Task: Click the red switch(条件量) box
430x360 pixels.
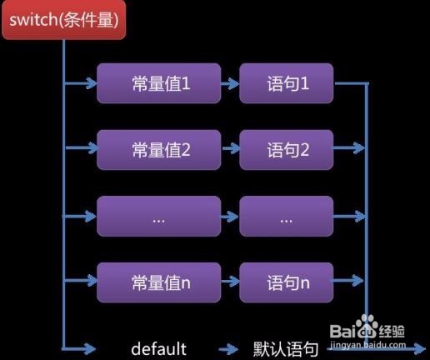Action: [64, 19]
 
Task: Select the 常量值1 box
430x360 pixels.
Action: [159, 83]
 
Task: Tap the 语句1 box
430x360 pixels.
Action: [287, 83]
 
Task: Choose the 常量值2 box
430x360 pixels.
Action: [159, 150]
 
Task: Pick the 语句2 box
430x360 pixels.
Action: [287, 150]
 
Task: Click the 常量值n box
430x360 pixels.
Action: [159, 282]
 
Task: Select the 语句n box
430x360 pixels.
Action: [287, 282]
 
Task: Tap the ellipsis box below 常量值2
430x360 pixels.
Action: [159, 216]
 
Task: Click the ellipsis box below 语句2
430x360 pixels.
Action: [287, 216]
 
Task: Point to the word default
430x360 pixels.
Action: [158, 348]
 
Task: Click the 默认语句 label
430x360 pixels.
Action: [286, 349]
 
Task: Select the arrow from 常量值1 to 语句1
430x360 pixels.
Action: [230, 83]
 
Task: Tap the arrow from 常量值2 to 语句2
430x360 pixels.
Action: [231, 148]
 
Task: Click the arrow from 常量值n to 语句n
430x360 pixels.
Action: [230, 282]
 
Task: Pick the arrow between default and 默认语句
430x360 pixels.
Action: [228, 349]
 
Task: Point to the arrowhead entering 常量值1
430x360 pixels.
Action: [92, 83]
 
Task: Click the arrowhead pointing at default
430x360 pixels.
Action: [90, 348]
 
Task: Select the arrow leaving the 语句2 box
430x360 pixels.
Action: [349, 148]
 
